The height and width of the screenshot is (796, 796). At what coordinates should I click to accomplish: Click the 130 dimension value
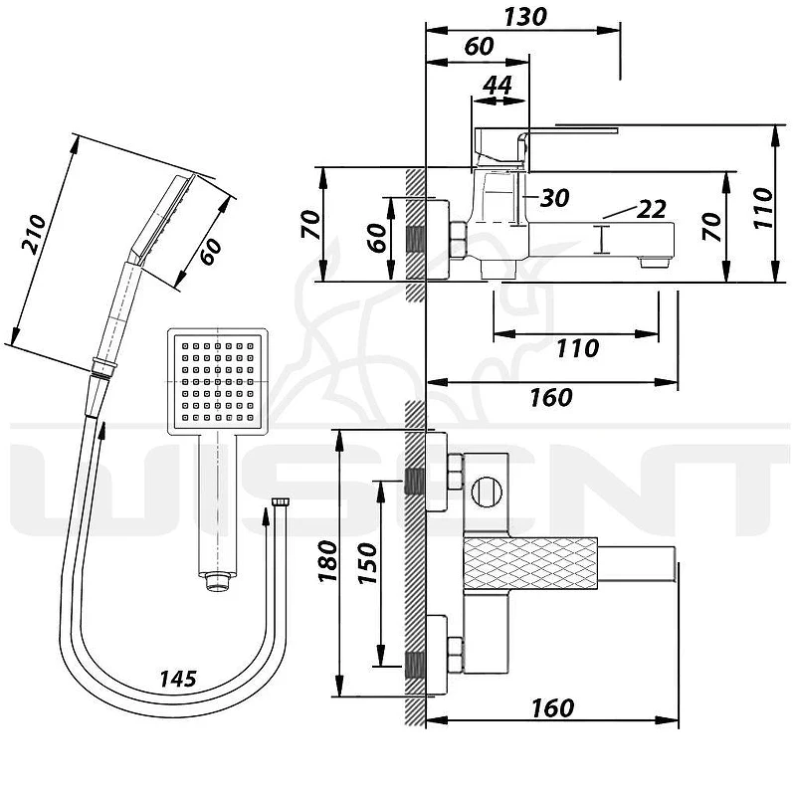click(x=525, y=16)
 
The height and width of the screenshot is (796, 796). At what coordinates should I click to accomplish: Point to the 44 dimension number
click(x=497, y=85)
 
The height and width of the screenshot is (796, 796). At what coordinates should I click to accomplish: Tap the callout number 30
click(x=554, y=197)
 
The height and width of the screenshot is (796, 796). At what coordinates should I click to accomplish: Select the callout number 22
click(x=652, y=209)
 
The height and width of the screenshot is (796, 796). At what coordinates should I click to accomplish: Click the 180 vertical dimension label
click(x=328, y=561)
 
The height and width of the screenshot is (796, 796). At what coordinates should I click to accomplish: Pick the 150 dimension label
click(x=368, y=563)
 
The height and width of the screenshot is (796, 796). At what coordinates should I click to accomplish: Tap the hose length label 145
click(x=178, y=679)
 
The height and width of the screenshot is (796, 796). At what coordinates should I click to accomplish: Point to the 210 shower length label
click(x=34, y=235)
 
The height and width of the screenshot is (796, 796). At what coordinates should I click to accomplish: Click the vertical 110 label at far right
click(x=763, y=208)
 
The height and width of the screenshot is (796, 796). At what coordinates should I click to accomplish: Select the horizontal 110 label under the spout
click(x=578, y=348)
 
